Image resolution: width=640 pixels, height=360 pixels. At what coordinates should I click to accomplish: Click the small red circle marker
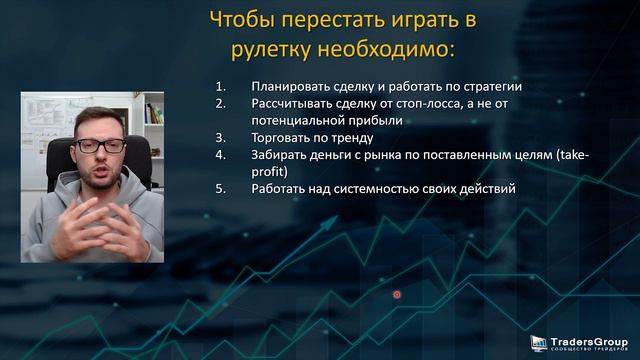pyautogui.click(x=397, y=294)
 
